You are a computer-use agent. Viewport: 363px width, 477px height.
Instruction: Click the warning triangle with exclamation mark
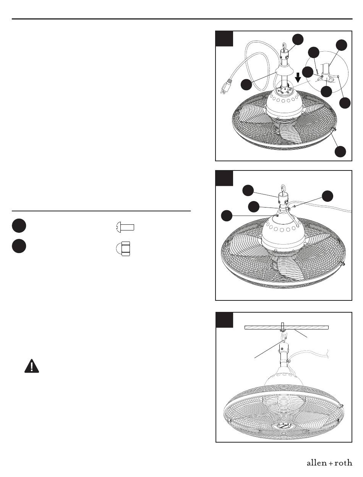click(32, 366)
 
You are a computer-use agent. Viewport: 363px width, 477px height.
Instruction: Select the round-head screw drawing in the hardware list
click(125, 227)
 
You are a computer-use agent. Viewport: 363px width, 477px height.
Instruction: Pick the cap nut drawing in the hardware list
click(123, 249)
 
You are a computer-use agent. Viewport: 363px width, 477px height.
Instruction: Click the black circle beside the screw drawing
click(19, 226)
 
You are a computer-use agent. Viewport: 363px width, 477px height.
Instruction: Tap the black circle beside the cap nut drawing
click(19, 246)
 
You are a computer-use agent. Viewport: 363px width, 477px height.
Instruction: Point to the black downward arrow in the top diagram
click(298, 78)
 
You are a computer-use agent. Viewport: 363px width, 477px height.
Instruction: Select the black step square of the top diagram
click(224, 39)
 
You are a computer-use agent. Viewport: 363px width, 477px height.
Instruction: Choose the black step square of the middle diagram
click(224, 178)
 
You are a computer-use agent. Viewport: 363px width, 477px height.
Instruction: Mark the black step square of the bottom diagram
click(224, 320)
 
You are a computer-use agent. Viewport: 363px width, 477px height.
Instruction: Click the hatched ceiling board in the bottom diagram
click(286, 328)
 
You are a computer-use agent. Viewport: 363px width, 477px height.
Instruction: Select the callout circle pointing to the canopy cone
click(246, 84)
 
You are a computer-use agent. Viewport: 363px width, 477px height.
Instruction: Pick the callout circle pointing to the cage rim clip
click(340, 151)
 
